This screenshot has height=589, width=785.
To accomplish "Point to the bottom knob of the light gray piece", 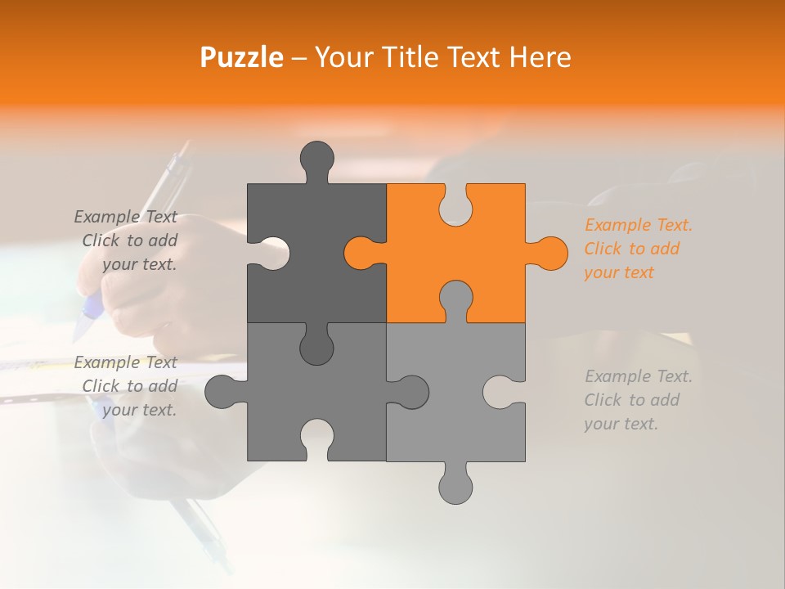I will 455,485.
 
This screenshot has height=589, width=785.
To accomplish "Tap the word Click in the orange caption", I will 603,249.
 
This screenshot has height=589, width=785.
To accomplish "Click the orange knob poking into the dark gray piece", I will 360,253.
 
